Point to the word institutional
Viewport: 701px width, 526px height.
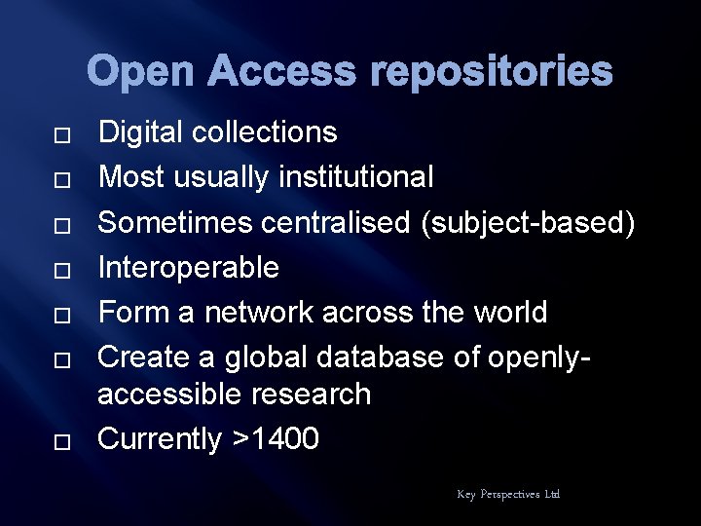tap(356, 177)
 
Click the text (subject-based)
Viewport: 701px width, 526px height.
tap(528, 222)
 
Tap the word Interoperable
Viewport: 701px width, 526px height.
tap(189, 267)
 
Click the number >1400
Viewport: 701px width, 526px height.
tap(276, 439)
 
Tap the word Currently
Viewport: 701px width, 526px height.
tap(161, 439)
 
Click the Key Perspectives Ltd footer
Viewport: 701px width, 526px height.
tap(508, 495)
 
